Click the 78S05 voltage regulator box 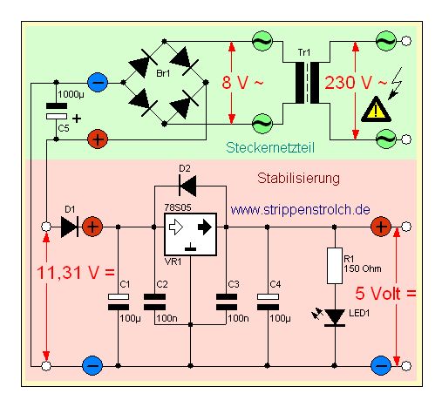(190, 234)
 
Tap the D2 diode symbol (187, 186)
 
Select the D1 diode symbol (70, 227)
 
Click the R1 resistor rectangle (335, 266)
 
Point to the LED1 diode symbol (335, 317)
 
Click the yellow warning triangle (376, 109)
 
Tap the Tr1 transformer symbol (307, 83)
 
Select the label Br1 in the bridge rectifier (163, 73)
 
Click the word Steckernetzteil (270, 147)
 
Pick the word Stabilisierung (298, 178)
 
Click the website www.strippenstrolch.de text (301, 209)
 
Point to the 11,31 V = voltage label (76, 273)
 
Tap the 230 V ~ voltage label (356, 83)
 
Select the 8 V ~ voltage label (242, 82)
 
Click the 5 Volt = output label (385, 293)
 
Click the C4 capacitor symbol (268, 302)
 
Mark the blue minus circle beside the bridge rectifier (98, 83)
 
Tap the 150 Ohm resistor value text (363, 268)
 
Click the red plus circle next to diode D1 (92, 227)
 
